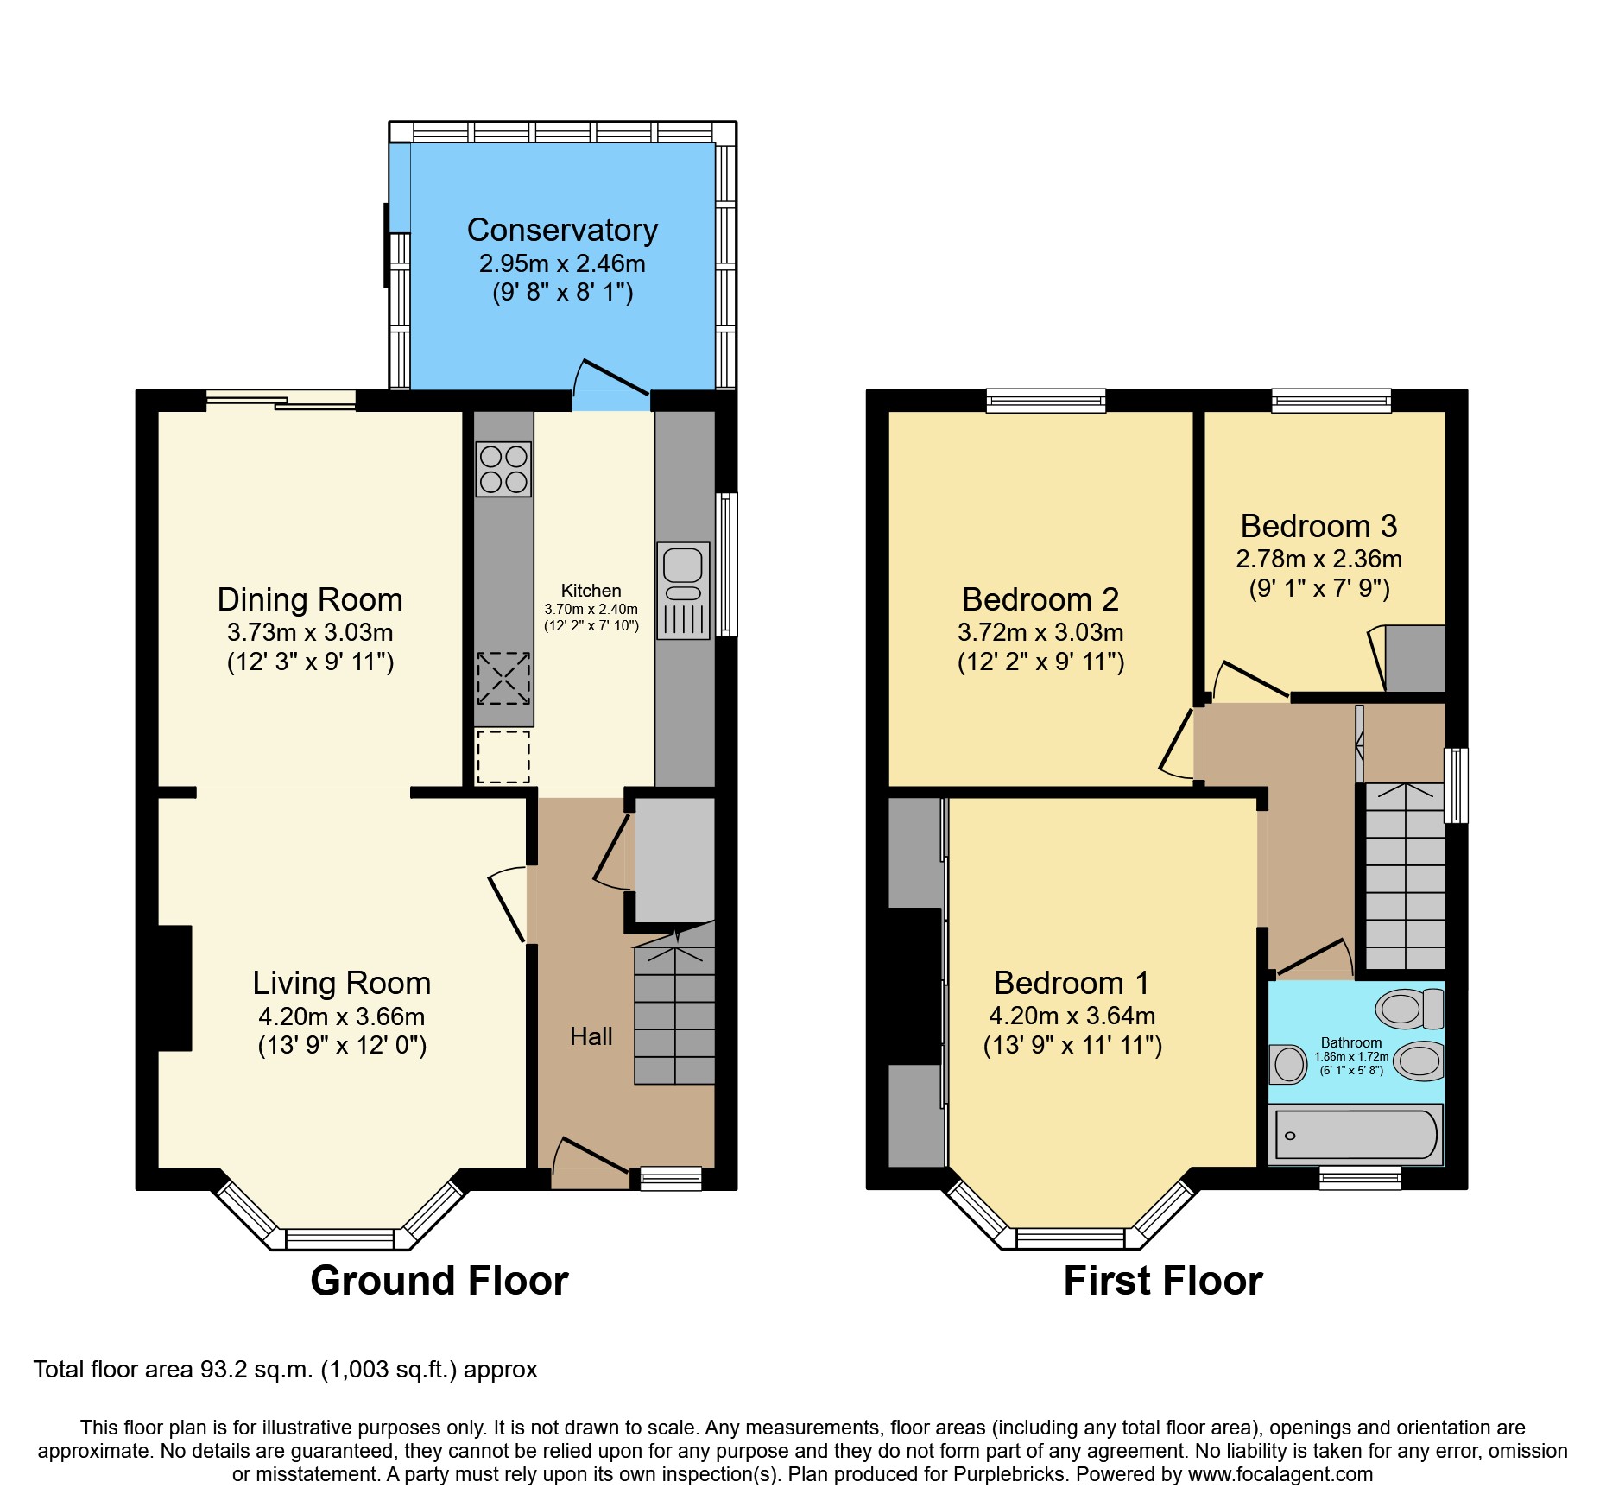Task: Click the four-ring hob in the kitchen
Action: (x=503, y=469)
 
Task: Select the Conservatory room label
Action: (x=562, y=231)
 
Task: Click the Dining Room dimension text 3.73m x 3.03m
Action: (x=310, y=632)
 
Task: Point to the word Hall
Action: (x=591, y=1036)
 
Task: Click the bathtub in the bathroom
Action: (x=1355, y=1135)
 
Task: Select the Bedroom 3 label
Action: (x=1318, y=526)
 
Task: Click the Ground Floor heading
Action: (x=439, y=1280)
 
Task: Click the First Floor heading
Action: (x=1162, y=1280)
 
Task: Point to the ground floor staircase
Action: (x=674, y=1015)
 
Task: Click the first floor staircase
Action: (x=1405, y=877)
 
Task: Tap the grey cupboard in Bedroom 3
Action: (x=1414, y=658)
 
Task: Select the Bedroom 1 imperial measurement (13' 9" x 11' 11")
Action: (x=1072, y=1046)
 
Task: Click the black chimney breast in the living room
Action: (x=174, y=988)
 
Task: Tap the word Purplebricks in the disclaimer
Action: (x=1008, y=1474)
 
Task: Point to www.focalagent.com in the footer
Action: (x=1280, y=1474)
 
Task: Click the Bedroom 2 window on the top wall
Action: (x=1046, y=401)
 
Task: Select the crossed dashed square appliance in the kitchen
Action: (x=503, y=678)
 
